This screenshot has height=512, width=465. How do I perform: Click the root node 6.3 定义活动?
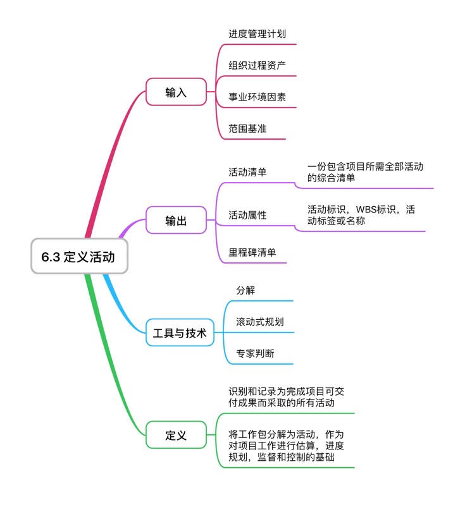coord(79,257)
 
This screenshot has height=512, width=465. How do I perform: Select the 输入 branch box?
coord(176,92)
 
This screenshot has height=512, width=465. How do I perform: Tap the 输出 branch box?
coord(176,220)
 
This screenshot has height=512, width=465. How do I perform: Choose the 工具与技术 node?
coord(180,332)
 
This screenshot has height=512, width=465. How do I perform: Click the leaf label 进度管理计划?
coord(252,33)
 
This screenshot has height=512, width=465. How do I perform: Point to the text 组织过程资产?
coord(252,65)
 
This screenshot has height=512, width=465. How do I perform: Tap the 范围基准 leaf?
coord(247,128)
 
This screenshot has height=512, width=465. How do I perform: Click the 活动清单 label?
coord(247,172)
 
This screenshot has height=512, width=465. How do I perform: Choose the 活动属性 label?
coord(247,216)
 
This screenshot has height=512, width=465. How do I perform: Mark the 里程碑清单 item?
coord(252,252)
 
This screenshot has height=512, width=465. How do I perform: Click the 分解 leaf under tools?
coord(245,290)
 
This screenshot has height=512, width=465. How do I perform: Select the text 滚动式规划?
coord(259,322)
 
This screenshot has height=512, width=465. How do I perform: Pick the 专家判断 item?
coord(255,353)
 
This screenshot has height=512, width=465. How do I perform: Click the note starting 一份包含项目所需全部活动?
coord(365,172)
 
